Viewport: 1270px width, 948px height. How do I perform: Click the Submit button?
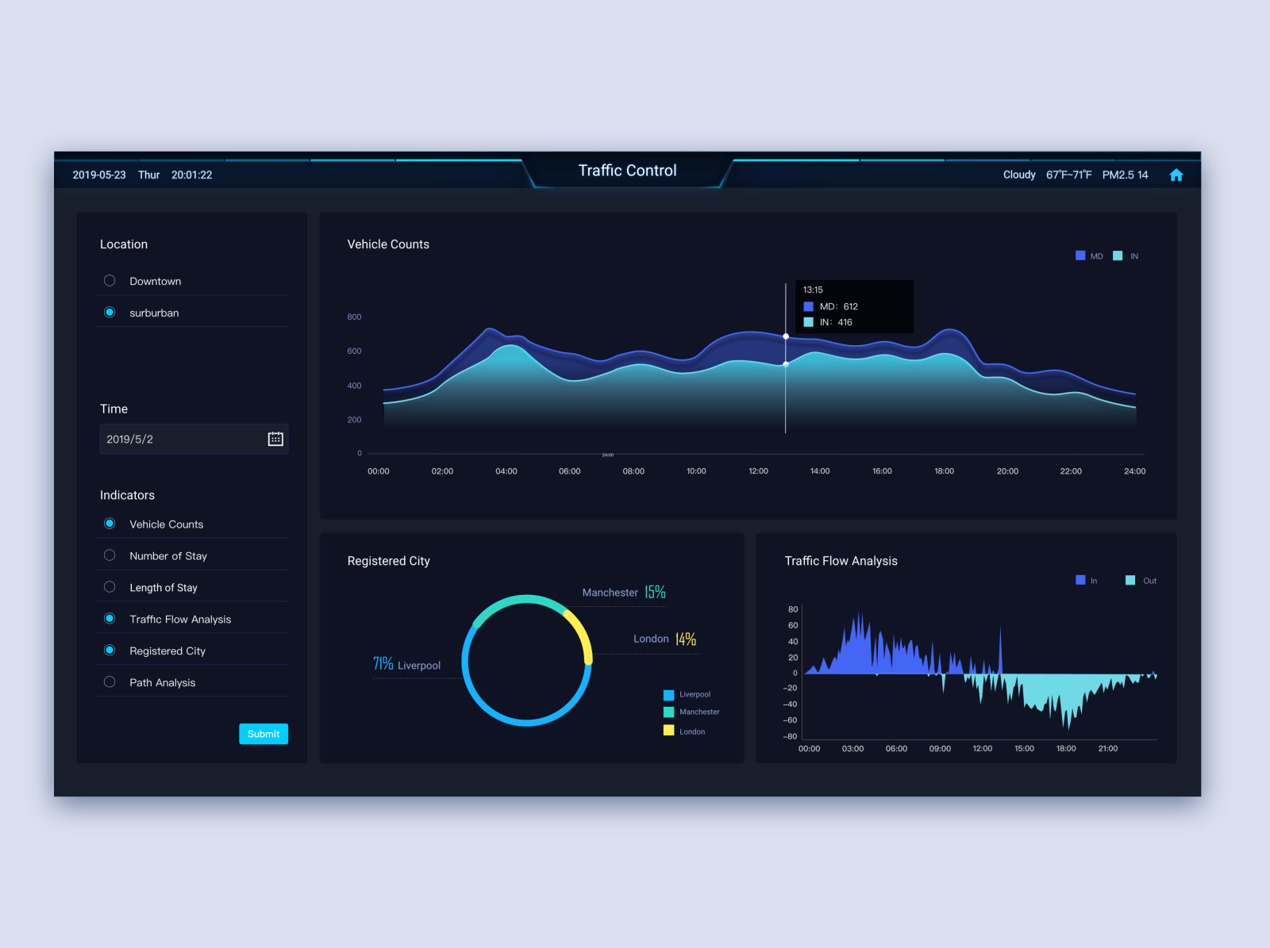coord(264,734)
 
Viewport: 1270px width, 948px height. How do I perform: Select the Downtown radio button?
coord(110,281)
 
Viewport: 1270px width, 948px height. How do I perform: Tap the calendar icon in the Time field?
coord(275,439)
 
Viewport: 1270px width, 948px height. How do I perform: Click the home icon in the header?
coord(1176,175)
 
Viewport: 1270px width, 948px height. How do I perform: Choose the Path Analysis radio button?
coord(110,682)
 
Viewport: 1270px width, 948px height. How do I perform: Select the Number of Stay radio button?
coord(110,555)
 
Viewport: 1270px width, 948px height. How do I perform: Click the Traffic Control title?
coord(627,171)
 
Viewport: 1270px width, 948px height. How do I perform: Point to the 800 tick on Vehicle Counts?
coord(354,317)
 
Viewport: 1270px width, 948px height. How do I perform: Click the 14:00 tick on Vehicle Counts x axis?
coord(820,471)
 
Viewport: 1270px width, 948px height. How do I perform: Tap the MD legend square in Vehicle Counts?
coord(1080,255)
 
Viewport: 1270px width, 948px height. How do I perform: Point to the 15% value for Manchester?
coord(655,592)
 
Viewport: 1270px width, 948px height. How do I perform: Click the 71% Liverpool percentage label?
coord(383,664)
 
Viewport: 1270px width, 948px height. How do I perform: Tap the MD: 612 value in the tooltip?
coord(839,306)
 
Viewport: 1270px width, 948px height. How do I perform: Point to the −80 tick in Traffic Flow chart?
coord(790,736)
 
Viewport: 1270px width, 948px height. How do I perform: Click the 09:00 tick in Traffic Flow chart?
coord(940,749)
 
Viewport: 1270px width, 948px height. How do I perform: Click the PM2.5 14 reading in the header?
coord(1125,175)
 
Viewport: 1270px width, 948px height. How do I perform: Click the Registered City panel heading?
coord(389,561)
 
